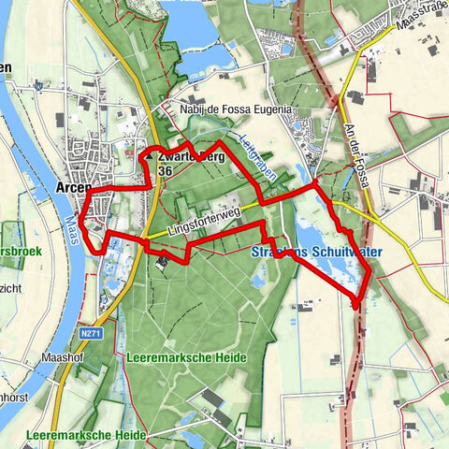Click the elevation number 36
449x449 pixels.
(165, 171)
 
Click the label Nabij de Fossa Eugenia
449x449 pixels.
(237, 109)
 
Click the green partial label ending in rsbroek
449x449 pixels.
(21, 251)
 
